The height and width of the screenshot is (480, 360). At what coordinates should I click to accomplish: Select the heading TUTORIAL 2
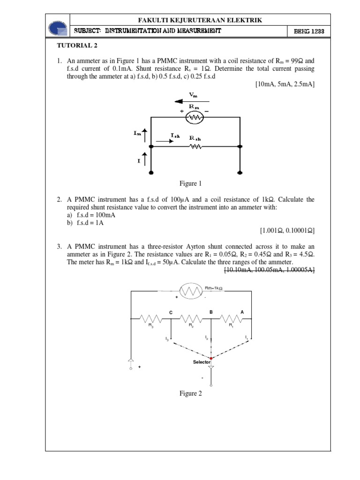[x=77, y=46]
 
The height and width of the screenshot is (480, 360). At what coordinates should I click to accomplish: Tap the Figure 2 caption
[x=190, y=394]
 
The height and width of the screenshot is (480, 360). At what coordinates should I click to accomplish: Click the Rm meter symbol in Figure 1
[x=195, y=117]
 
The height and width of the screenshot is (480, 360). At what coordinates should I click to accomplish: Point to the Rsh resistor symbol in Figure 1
[x=195, y=147]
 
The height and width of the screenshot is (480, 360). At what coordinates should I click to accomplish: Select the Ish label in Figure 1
[x=175, y=135]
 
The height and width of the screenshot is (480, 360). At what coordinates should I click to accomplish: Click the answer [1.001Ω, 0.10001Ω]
[x=287, y=230]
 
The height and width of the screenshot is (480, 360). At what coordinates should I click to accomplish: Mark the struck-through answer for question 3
[x=270, y=270]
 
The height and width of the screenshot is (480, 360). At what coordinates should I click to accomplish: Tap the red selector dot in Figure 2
[x=211, y=359]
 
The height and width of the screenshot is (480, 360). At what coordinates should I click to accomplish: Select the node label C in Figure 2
[x=171, y=312]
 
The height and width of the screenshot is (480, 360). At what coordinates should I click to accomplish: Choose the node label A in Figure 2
[x=242, y=312]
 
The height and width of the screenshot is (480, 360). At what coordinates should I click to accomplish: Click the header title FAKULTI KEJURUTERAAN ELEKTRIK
[x=200, y=20]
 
